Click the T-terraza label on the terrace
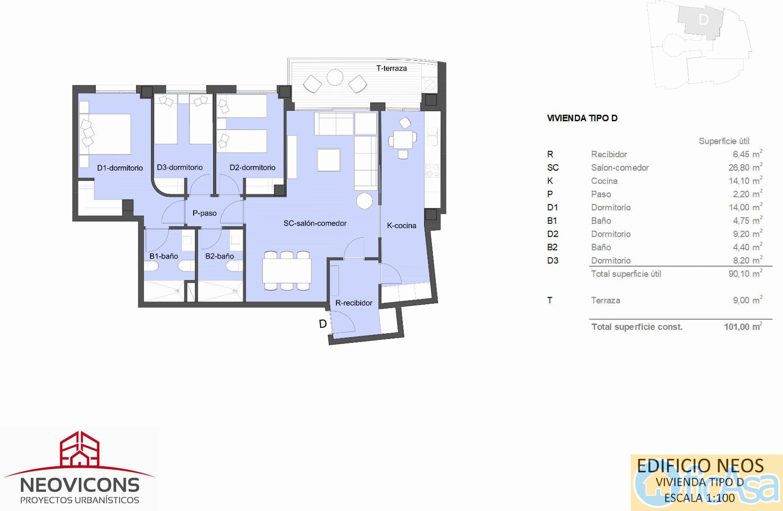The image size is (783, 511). coord(391,68)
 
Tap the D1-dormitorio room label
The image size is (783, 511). coord(120,168)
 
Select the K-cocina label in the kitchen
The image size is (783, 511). coord(402,226)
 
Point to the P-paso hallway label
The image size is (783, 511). coord(204,213)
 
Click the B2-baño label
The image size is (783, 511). coord(220,256)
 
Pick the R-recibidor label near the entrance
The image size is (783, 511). coord(354,303)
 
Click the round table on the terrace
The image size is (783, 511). coord(335,78)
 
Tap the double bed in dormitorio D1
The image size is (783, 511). coord(105,134)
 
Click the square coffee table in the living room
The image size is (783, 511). coord(328,159)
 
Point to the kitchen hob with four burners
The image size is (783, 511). coord(432,170)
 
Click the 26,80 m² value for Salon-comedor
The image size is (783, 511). coord(745,167)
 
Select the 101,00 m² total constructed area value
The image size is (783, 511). coord(743,327)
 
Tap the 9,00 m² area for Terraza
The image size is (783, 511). coord(747,300)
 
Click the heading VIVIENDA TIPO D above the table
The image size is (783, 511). coord(582,118)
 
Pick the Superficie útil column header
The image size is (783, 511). coord(724,141)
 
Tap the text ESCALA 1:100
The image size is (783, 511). coord(699,498)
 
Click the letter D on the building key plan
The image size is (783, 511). coord(703,20)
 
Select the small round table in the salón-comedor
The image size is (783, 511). coord(364,201)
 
